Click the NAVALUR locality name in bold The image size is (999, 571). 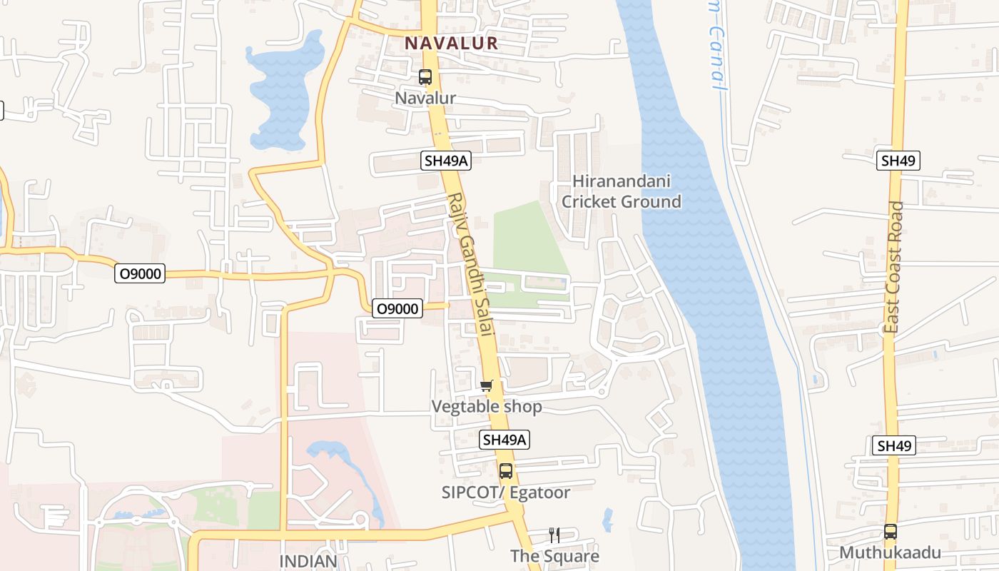(451, 43)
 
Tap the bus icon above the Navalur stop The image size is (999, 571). (425, 77)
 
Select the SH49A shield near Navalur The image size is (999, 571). (447, 161)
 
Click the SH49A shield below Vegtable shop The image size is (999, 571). (504, 440)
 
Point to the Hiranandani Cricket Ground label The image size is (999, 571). (621, 191)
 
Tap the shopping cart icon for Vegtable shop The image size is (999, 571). (487, 386)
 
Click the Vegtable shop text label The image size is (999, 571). (487, 407)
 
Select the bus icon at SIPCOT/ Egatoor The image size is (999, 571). (506, 471)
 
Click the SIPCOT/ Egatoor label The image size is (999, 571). (506, 492)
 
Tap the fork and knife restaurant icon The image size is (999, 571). (554, 535)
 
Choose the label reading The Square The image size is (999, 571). (554, 556)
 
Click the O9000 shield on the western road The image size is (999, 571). (140, 273)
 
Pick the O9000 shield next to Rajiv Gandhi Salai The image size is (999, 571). (397, 308)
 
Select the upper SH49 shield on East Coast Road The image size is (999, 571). (898, 161)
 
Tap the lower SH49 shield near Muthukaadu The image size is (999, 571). (894, 446)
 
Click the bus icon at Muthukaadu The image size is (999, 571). (891, 532)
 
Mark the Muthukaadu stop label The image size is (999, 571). (890, 552)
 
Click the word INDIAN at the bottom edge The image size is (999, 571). (308, 561)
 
